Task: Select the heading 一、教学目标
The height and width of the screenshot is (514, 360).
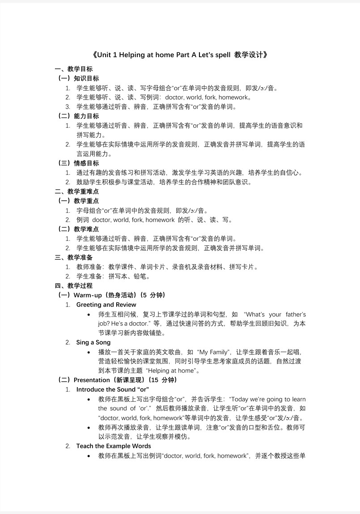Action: [x=74, y=69]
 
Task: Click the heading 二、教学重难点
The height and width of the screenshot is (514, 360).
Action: [x=77, y=191]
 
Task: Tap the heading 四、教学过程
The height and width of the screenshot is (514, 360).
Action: [x=74, y=286]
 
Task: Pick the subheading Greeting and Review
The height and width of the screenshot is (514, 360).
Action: [x=106, y=304]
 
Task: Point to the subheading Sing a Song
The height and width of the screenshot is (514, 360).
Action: [x=93, y=342]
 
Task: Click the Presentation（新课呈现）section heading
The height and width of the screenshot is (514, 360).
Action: [x=118, y=380]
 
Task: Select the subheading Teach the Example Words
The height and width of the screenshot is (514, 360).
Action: [x=114, y=446]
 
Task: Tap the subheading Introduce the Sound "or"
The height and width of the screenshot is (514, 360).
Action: [x=113, y=389]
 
